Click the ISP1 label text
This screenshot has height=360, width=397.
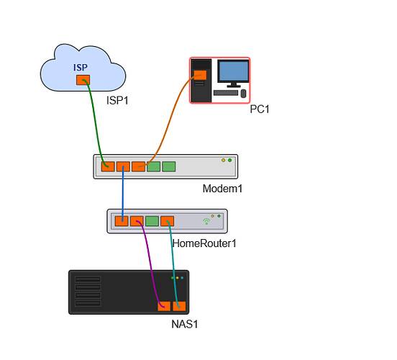[117, 101]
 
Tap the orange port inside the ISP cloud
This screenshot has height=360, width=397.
[83, 80]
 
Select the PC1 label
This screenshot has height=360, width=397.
[259, 109]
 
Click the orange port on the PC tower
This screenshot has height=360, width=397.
[200, 75]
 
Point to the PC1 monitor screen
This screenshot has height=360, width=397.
[234, 71]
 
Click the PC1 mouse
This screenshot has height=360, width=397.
[243, 94]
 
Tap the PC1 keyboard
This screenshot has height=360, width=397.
[226, 93]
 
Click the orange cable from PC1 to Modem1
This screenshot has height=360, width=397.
[169, 122]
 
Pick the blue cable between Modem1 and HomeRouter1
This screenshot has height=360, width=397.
[123, 194]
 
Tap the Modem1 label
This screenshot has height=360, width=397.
[222, 189]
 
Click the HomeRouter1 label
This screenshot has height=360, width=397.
[204, 243]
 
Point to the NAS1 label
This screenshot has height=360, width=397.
[185, 324]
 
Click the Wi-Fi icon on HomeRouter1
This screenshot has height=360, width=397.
[206, 222]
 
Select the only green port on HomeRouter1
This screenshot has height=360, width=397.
[152, 221]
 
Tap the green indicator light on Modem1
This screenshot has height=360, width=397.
[229, 161]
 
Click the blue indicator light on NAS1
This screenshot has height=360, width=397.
[182, 278]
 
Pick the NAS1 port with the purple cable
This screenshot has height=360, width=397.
[164, 306]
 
